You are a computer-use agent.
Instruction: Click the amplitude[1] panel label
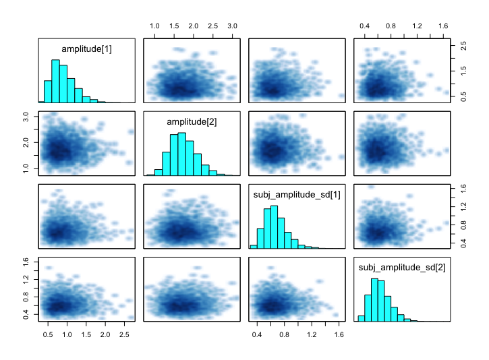86,49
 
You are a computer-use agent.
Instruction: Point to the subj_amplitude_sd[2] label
401,269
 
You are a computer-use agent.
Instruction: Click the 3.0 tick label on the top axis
232,26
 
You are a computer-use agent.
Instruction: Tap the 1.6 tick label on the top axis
443,26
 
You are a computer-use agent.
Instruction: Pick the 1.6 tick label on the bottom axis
339,334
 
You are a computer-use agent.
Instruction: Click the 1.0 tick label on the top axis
154,26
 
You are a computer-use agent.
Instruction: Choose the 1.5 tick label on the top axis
174,26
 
